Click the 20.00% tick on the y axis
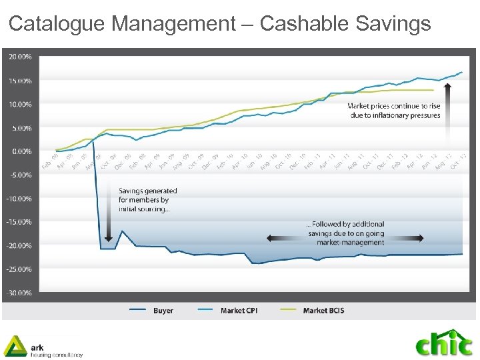point(19,57)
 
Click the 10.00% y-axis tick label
point(19,105)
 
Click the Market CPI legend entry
point(236,311)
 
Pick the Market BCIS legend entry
point(323,311)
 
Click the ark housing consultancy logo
point(43,347)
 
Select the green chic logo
point(443,343)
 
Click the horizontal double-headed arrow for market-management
point(345,238)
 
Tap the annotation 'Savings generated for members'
point(147,199)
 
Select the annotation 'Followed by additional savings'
point(345,233)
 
